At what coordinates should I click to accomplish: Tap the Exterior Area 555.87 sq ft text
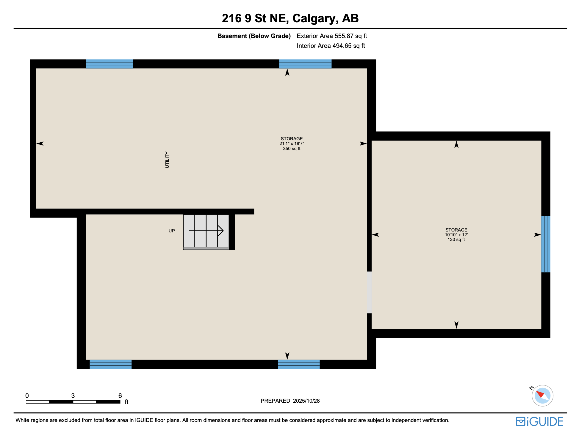(x=331, y=36)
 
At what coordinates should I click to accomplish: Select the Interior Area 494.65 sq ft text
(x=331, y=46)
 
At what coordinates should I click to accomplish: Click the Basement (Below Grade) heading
(x=254, y=36)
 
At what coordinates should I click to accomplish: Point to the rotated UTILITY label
(x=167, y=160)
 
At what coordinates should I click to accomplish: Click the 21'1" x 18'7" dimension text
(x=292, y=144)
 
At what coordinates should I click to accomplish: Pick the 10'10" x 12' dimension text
(x=456, y=235)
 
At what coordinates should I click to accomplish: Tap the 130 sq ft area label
(x=456, y=240)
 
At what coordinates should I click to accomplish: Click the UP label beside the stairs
(x=172, y=231)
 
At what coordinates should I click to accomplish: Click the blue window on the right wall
(x=545, y=244)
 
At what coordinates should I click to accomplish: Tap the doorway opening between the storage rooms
(x=369, y=292)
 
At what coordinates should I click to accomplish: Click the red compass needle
(x=540, y=394)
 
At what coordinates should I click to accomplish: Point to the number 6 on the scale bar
(x=120, y=396)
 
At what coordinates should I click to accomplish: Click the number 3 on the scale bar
(x=73, y=396)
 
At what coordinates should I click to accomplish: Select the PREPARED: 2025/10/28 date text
(x=290, y=401)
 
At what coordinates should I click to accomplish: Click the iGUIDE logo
(x=539, y=421)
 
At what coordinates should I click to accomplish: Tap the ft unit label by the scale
(x=126, y=402)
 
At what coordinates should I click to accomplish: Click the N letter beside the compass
(x=532, y=388)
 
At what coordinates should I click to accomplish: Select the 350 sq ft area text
(x=292, y=149)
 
